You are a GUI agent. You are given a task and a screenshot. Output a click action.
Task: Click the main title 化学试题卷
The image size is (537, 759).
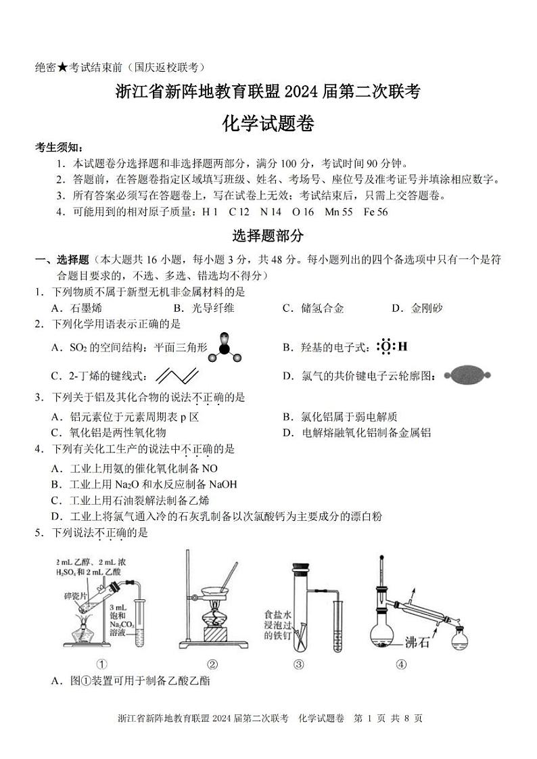[x=268, y=123]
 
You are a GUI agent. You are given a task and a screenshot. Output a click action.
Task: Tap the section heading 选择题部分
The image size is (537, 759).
[x=268, y=236]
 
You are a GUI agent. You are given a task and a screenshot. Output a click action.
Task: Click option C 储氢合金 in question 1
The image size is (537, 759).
[x=313, y=308]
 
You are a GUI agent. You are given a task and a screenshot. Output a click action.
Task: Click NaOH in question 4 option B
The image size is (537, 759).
[x=223, y=484]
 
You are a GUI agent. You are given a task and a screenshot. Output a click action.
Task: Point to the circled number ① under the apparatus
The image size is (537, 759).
[x=102, y=664]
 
